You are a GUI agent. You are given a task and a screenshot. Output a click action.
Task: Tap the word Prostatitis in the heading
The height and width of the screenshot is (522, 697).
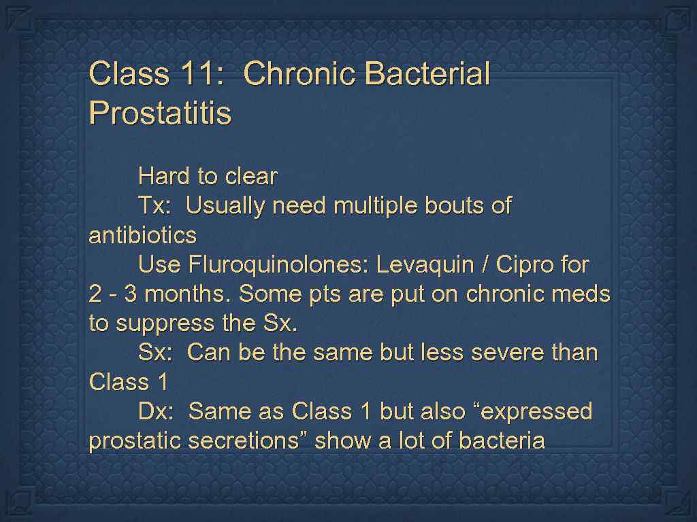click(160, 113)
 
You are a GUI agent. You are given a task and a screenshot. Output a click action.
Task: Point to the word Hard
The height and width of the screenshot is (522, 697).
click(163, 177)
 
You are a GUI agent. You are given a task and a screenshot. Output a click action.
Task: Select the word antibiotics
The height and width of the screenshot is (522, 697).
click(142, 236)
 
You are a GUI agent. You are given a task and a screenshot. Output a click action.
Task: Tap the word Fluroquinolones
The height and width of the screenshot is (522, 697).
click(279, 265)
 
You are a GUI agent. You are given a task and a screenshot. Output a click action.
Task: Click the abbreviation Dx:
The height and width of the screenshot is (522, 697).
click(157, 412)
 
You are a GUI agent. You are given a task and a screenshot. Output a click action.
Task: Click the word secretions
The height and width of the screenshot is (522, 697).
click(248, 441)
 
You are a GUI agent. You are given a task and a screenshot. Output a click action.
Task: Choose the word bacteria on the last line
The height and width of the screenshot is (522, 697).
click(502, 441)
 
